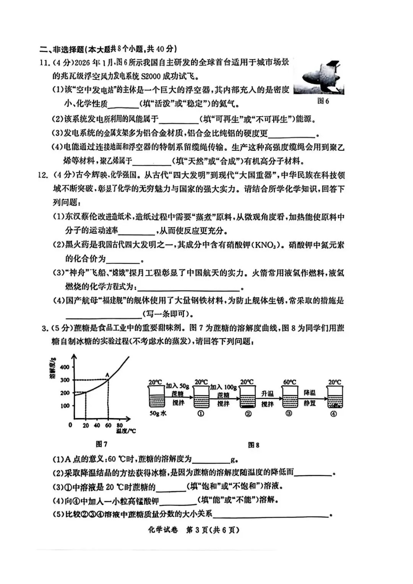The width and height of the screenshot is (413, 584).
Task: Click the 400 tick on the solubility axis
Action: tap(65, 367)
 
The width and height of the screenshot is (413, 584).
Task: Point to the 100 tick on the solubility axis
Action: tap(65, 406)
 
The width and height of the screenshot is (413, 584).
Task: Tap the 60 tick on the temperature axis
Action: tap(108, 425)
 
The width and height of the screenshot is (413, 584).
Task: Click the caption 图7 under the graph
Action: tap(101, 444)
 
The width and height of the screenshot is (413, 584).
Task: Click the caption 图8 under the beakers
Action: tap(254, 445)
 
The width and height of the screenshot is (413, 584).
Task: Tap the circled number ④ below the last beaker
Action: tap(333, 414)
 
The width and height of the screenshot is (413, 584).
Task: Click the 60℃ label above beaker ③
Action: tap(289, 382)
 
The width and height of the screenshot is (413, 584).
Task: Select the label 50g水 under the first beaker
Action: tap(158, 413)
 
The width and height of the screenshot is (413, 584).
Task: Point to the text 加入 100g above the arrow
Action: tap(223, 387)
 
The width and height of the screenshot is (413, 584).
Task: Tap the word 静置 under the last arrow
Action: tap(310, 403)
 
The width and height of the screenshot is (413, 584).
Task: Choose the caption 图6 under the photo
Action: tap(323, 101)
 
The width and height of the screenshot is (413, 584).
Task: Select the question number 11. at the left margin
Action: tap(45, 63)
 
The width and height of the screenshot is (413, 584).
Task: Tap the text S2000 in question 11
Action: tap(151, 76)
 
